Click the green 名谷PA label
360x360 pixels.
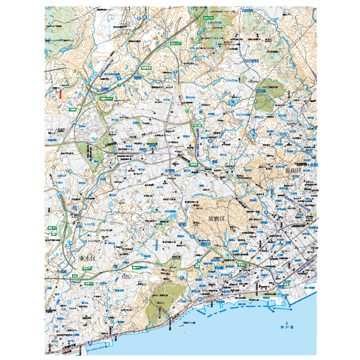click(x=136, y=267)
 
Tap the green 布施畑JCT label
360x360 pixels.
click(x=105, y=98)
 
